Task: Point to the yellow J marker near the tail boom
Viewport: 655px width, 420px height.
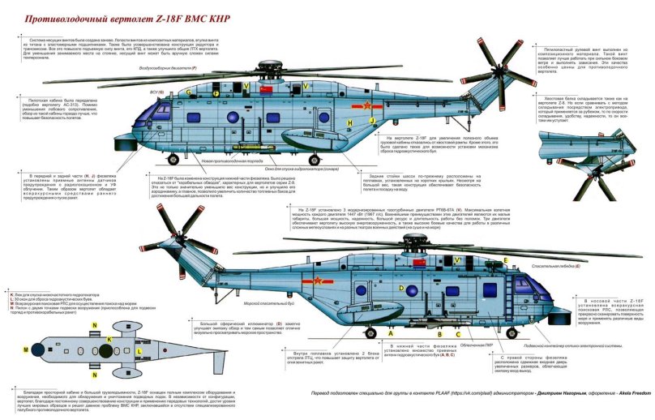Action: [371, 119]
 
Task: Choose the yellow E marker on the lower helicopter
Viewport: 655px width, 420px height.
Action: [506, 260]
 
